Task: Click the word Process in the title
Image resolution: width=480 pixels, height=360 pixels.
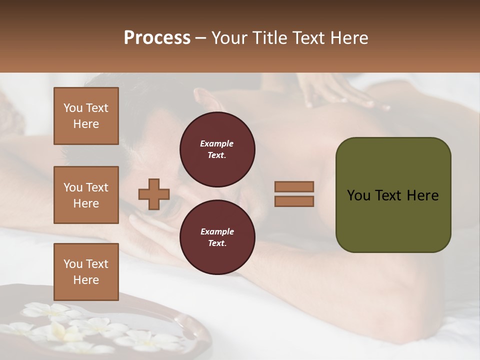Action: pyautogui.click(x=157, y=38)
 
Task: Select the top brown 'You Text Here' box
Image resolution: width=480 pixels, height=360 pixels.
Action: pyautogui.click(x=86, y=116)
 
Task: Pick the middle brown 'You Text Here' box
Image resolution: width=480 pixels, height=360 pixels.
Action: pyautogui.click(x=86, y=195)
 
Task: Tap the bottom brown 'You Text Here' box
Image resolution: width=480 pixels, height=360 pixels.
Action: pyautogui.click(x=86, y=272)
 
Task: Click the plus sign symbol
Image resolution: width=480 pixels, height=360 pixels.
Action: pyautogui.click(x=154, y=194)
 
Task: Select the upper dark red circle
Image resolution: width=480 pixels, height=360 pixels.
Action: pyautogui.click(x=217, y=149)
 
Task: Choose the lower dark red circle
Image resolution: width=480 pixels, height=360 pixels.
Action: pyautogui.click(x=217, y=237)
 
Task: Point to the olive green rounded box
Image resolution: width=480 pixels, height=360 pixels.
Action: pyautogui.click(x=393, y=195)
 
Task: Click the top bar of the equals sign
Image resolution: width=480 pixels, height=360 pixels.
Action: pyautogui.click(x=294, y=186)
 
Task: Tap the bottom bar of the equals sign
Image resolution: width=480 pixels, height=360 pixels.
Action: pyautogui.click(x=294, y=201)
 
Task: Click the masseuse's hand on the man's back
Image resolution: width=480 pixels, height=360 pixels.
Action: pyautogui.click(x=345, y=95)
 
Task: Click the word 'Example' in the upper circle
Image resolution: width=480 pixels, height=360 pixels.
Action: pyautogui.click(x=217, y=143)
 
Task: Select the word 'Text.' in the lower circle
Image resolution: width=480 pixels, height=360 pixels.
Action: pyautogui.click(x=217, y=243)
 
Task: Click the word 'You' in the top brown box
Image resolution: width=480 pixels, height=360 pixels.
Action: pyautogui.click(x=73, y=108)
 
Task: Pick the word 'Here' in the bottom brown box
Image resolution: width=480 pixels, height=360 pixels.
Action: pyautogui.click(x=86, y=280)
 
